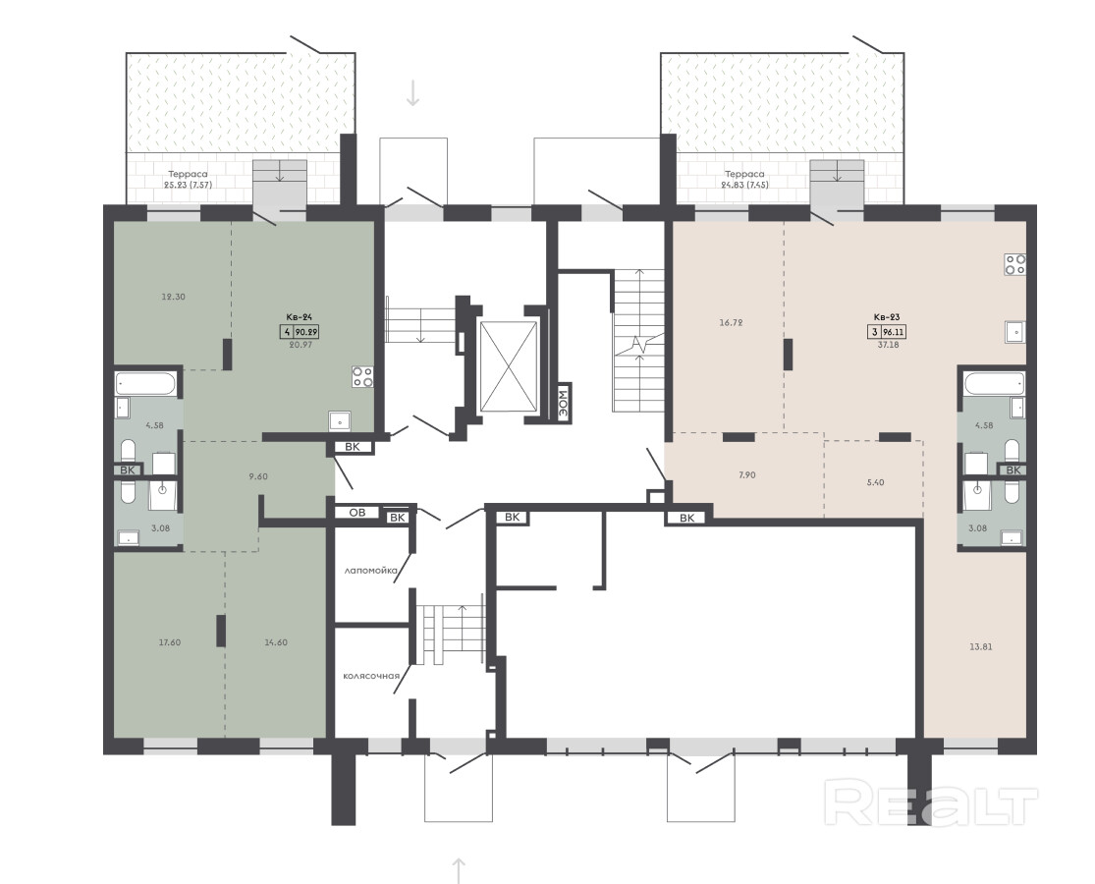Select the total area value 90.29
(307, 332)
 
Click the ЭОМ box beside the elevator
(564, 402)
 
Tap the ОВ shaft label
(356, 513)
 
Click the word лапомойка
(371, 571)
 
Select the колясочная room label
(371, 676)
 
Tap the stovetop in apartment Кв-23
(1014, 263)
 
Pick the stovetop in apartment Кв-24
(362, 377)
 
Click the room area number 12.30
(173, 297)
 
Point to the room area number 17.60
(170, 642)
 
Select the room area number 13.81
(981, 646)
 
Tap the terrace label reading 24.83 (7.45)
(744, 185)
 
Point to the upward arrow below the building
(459, 870)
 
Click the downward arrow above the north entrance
(412, 93)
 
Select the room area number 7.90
(746, 474)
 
